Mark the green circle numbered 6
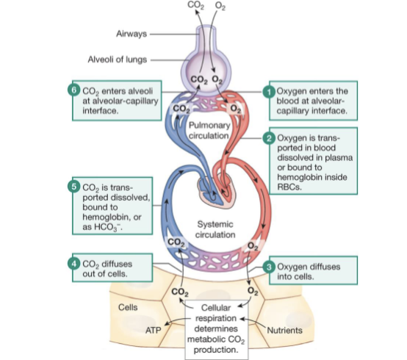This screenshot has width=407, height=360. tap(73, 90)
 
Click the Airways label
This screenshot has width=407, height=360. tap(132, 34)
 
